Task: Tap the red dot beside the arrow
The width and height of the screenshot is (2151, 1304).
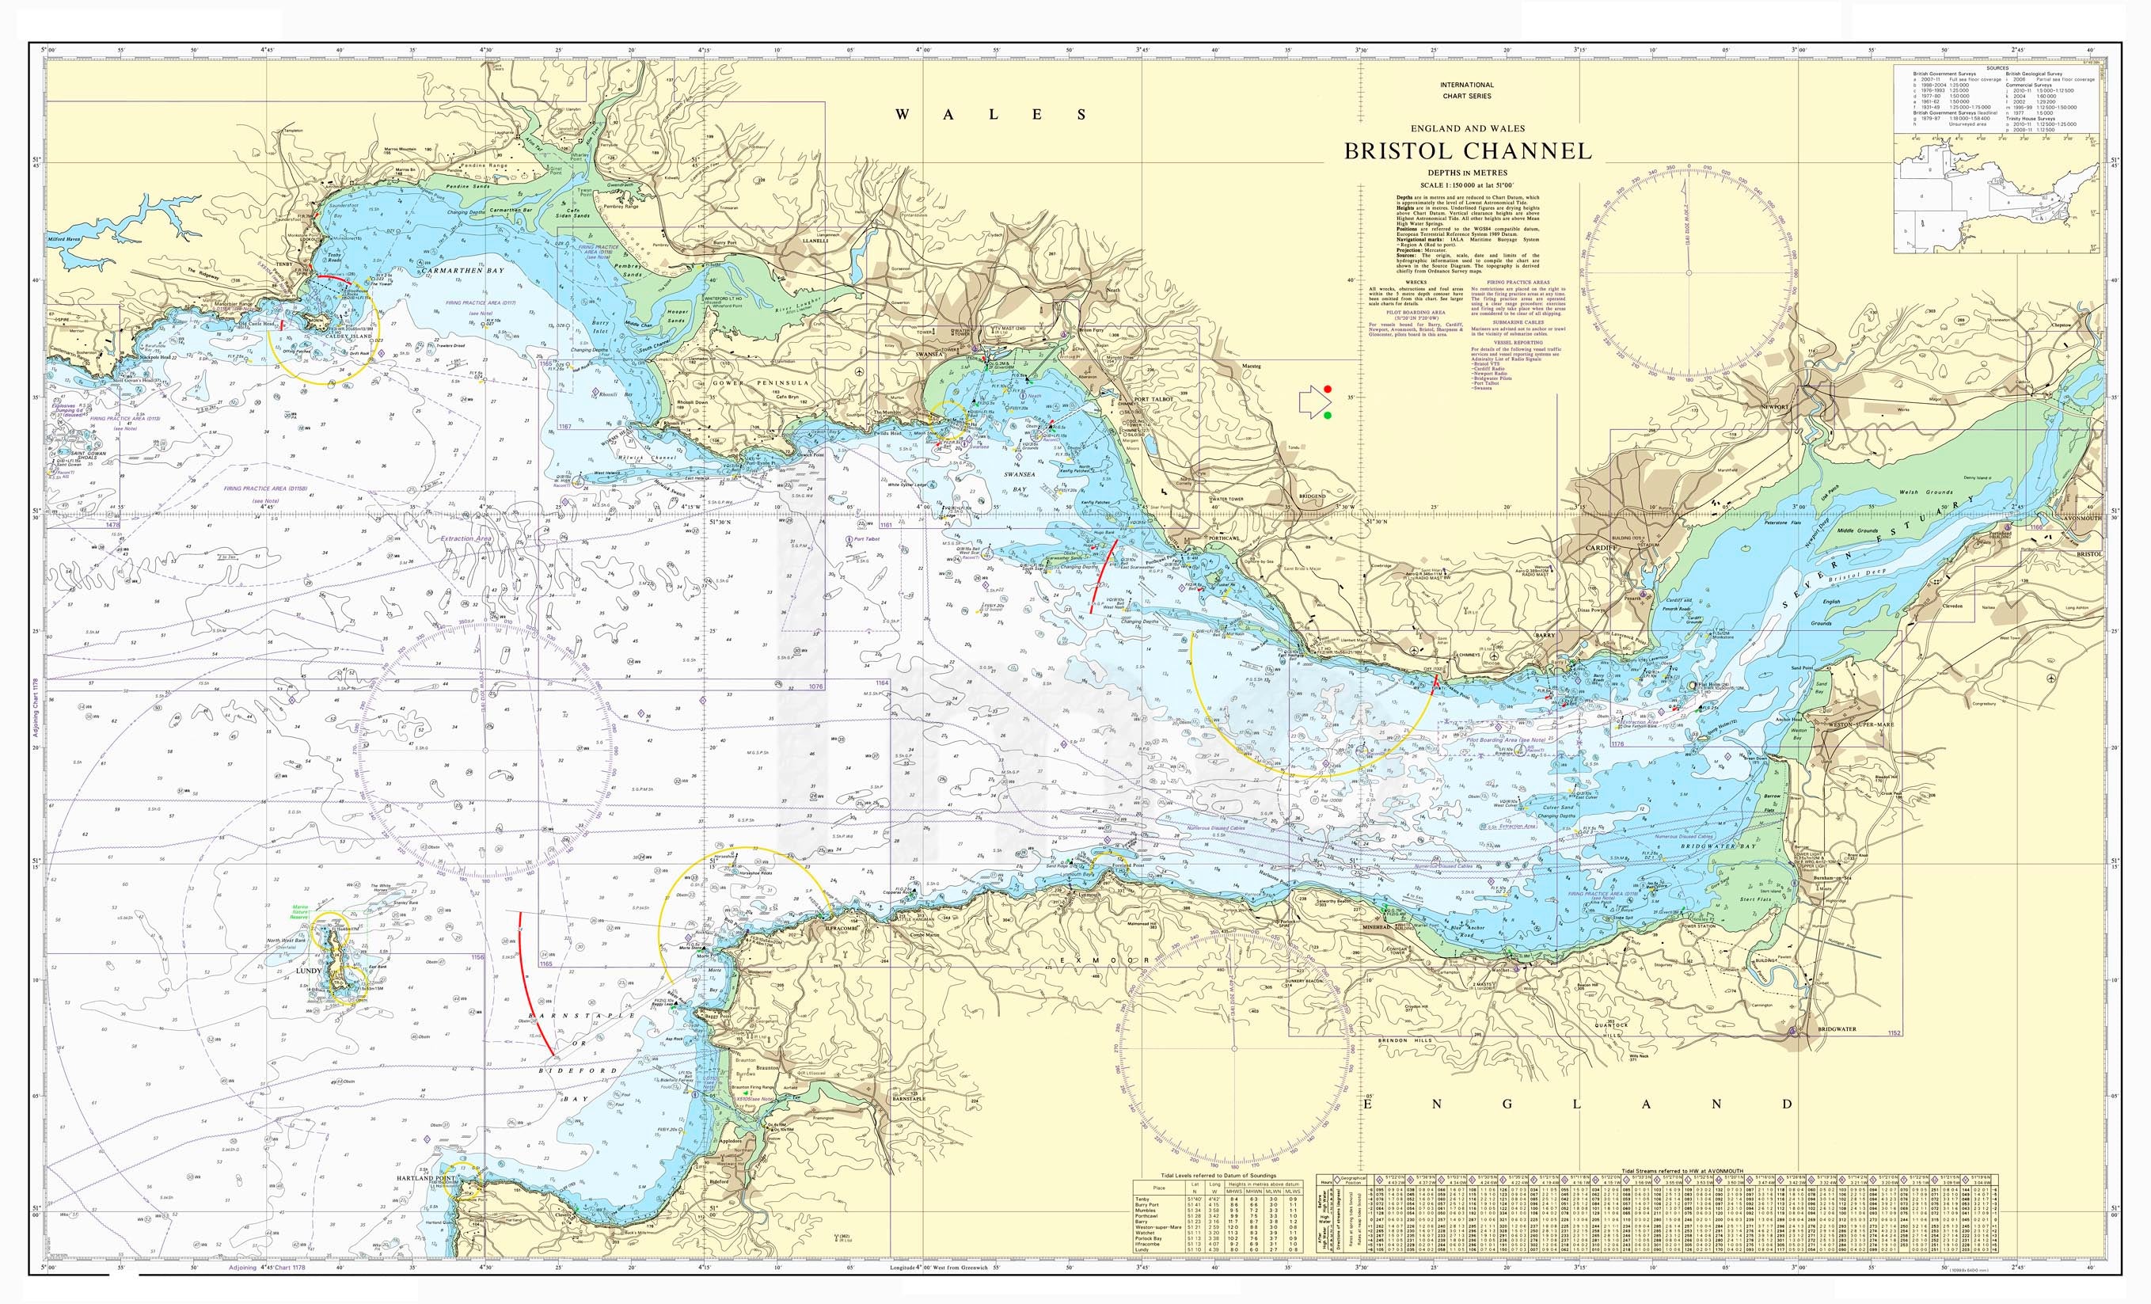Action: point(1328,389)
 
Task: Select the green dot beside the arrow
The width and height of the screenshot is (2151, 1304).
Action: point(1328,416)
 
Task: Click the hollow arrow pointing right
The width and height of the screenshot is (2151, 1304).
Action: point(1310,402)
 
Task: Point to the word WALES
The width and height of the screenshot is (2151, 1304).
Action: point(992,114)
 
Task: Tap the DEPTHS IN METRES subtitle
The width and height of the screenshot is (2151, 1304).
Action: point(1466,173)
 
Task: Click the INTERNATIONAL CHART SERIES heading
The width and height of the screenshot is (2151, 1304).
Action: point(1466,90)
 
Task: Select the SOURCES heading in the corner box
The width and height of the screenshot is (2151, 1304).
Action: point(1996,67)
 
